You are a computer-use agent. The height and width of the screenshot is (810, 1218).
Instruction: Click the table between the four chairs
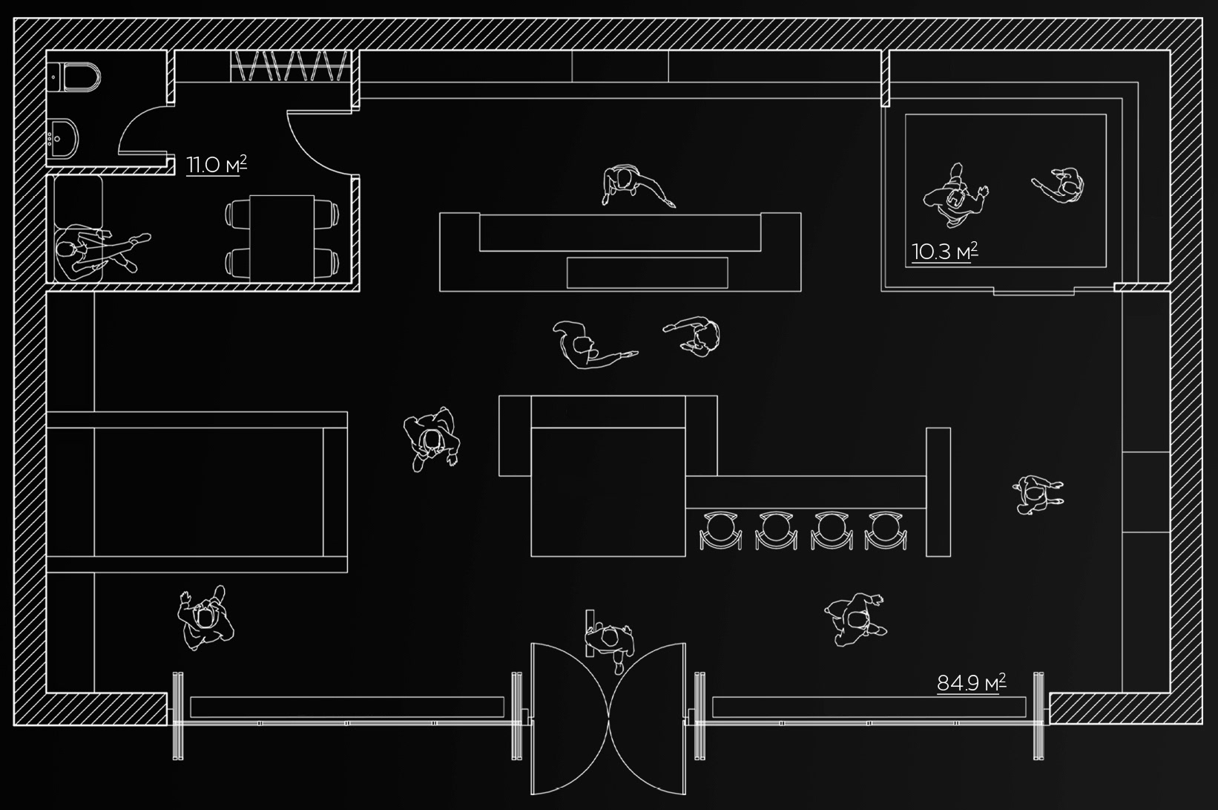282,238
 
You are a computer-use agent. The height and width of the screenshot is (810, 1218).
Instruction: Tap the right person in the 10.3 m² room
1061,183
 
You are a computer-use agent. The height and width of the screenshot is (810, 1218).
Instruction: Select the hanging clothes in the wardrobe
289,66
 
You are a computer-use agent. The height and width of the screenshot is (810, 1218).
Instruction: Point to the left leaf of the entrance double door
570,716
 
